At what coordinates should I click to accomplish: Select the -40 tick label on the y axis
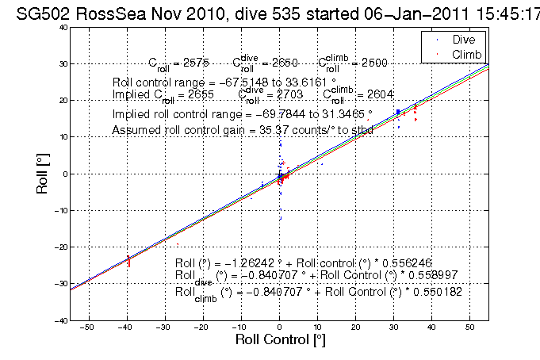59,320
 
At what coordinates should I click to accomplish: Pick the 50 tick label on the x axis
469,327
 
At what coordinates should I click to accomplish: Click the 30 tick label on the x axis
393,327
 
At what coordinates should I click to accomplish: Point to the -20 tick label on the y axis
59,247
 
